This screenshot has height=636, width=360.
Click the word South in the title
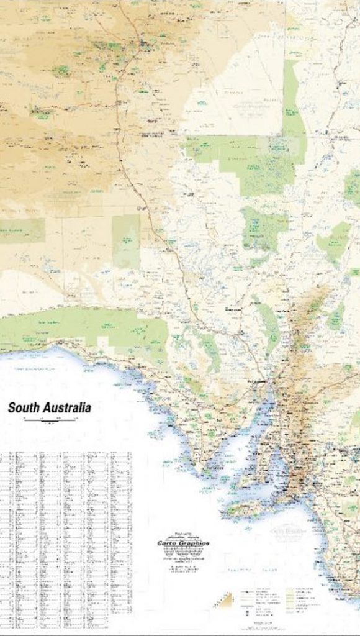click(x=24, y=408)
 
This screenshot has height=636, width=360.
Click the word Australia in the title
click(x=67, y=408)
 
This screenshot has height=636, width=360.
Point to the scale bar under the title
click(x=49, y=421)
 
